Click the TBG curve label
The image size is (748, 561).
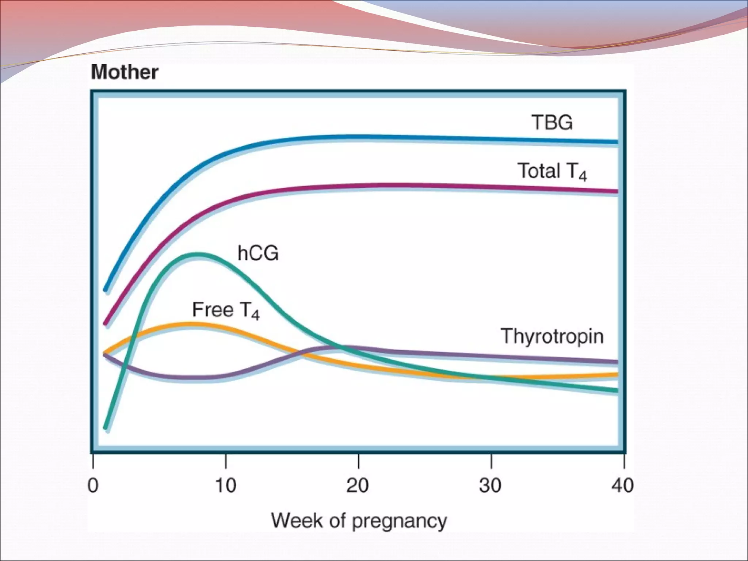point(552,123)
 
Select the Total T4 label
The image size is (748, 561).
point(552,172)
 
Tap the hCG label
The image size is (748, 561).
point(258,253)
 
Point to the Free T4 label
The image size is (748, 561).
point(226,310)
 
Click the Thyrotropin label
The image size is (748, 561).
point(552,336)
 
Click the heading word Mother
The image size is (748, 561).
point(125,72)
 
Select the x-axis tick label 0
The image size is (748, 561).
point(93,486)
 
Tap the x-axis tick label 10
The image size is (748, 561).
point(226,486)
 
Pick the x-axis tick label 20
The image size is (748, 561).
point(358,486)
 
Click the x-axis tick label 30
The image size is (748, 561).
point(491,486)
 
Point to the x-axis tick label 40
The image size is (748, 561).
point(623,486)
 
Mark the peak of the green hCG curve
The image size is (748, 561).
point(197,253)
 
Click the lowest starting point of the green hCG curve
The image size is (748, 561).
point(106,428)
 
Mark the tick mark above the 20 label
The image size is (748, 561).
point(359,461)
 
